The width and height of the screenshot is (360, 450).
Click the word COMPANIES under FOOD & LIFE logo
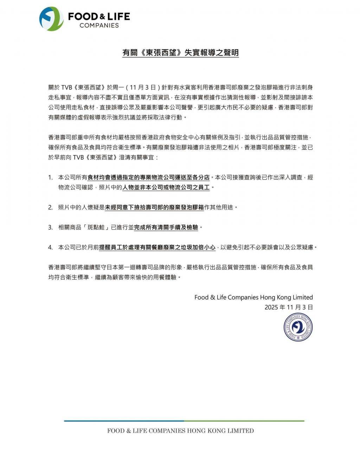tap(99, 25)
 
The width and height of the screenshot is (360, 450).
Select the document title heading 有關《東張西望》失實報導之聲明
tap(180, 53)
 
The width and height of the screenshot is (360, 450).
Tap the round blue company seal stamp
tap(298, 327)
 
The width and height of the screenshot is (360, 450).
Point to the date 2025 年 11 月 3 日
tap(289, 307)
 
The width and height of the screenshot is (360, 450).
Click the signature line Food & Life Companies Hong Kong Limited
tap(253, 297)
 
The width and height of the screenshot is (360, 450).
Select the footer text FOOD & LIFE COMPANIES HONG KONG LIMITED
tap(180, 431)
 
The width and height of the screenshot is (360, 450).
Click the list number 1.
tap(51, 178)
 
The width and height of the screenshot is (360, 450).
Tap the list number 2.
tap(51, 207)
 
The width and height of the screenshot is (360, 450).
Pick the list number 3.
tap(51, 227)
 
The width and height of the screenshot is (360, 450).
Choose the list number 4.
tap(51, 247)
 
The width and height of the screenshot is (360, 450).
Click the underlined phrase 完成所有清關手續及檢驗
tap(166, 227)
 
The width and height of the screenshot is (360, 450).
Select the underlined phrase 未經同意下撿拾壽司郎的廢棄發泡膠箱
tap(154, 207)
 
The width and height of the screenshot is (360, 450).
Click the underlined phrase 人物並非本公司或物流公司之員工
tap(166, 188)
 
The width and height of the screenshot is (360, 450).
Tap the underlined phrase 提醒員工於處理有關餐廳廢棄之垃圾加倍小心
tap(157, 247)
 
